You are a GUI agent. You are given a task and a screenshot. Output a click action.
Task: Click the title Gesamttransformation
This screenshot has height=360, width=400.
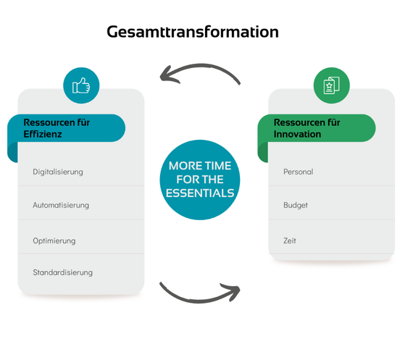(193, 32)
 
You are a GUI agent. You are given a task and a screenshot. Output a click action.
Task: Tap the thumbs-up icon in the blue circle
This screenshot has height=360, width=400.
(81, 85)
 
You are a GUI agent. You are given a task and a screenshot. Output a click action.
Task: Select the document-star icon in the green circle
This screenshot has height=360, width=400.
(331, 85)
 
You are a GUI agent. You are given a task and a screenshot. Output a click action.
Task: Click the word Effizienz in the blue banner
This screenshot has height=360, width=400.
(43, 134)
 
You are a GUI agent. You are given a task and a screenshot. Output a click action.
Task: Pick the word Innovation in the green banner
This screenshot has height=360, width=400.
(297, 134)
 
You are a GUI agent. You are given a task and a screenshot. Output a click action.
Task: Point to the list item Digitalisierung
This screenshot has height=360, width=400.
(58, 172)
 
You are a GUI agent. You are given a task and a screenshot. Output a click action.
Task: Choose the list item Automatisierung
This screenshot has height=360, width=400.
(61, 205)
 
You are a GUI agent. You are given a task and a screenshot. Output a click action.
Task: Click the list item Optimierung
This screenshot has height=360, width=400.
(54, 240)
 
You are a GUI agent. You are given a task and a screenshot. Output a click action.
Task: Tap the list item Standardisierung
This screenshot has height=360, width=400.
(63, 272)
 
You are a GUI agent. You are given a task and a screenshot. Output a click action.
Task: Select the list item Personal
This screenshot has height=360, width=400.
(299, 172)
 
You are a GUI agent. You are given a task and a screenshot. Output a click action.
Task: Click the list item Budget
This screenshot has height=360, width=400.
(296, 205)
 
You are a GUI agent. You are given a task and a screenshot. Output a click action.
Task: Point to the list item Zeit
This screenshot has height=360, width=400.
(290, 240)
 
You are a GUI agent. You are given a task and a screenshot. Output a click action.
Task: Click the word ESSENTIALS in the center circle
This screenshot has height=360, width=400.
(200, 193)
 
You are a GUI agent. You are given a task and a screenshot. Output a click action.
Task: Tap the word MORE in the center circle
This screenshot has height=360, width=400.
(183, 166)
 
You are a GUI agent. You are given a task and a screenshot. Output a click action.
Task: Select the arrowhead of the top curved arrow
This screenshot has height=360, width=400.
(168, 75)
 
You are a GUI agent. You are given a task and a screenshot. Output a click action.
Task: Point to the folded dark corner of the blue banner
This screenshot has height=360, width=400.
(13, 152)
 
